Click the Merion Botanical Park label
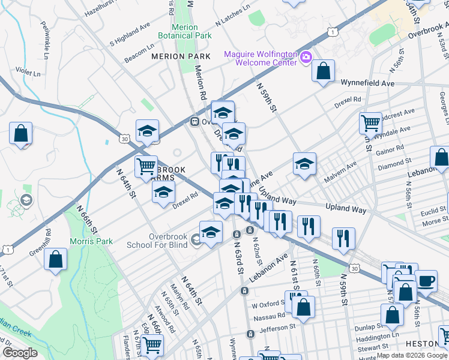184,31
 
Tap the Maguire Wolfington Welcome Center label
261,58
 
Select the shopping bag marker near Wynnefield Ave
323,71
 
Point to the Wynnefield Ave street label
367,83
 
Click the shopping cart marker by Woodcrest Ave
370,124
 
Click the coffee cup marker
426,281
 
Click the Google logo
19,353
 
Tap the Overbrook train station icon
194,121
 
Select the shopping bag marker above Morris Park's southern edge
55,260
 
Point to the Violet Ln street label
28,73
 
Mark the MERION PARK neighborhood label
181,56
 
